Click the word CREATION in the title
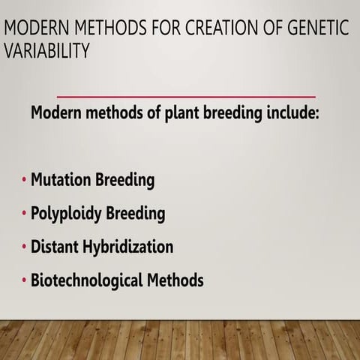pyautogui.click(x=217, y=29)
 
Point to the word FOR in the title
pyautogui.click(x=161, y=29)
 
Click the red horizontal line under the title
pyautogui.click(x=186, y=97)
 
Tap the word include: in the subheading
pyautogui.click(x=302, y=116)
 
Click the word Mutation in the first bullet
pyautogui.click(x=61, y=181)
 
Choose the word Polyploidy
pyautogui.click(x=66, y=214)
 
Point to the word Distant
pyautogui.click(x=55, y=247)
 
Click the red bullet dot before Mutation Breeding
pyautogui.click(x=24, y=181)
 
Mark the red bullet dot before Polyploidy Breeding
pyautogui.click(x=24, y=214)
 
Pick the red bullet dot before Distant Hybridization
pyautogui.click(x=24, y=247)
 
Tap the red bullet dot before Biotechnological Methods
pyautogui.click(x=24, y=281)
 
